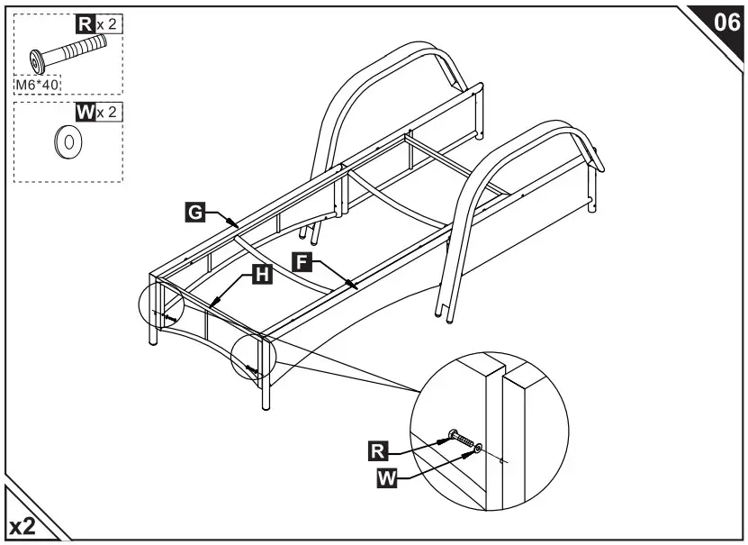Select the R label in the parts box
(x=85, y=25)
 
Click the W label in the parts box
(x=86, y=113)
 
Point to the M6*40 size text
(x=37, y=85)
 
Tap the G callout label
(x=194, y=213)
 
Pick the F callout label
(x=302, y=261)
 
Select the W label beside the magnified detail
(x=386, y=478)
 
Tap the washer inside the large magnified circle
(x=476, y=448)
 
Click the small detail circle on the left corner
(x=161, y=310)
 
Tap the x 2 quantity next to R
(x=108, y=25)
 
